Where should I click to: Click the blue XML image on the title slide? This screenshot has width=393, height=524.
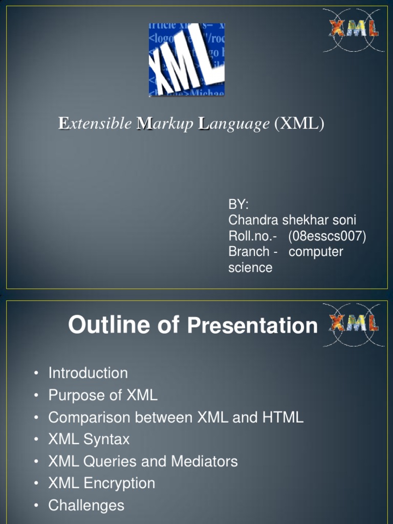point(187,60)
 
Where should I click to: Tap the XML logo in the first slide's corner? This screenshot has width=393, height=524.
point(354,30)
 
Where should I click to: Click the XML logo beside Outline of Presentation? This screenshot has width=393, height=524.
point(354,324)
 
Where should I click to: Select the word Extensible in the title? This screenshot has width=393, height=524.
point(95,124)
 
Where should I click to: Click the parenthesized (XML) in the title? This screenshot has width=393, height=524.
point(299,124)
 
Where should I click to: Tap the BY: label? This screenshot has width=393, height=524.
point(238,205)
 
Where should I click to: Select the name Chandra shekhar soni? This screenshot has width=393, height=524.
point(292,221)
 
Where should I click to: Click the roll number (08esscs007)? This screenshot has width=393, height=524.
point(327,236)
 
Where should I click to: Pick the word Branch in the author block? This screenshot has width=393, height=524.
point(249,252)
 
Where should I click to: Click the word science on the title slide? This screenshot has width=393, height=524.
point(250,268)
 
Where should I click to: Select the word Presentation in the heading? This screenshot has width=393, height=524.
point(253,326)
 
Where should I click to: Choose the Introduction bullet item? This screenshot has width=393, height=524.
point(88,373)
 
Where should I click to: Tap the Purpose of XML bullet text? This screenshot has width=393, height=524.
point(103,395)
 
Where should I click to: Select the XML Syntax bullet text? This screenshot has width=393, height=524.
point(89,439)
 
